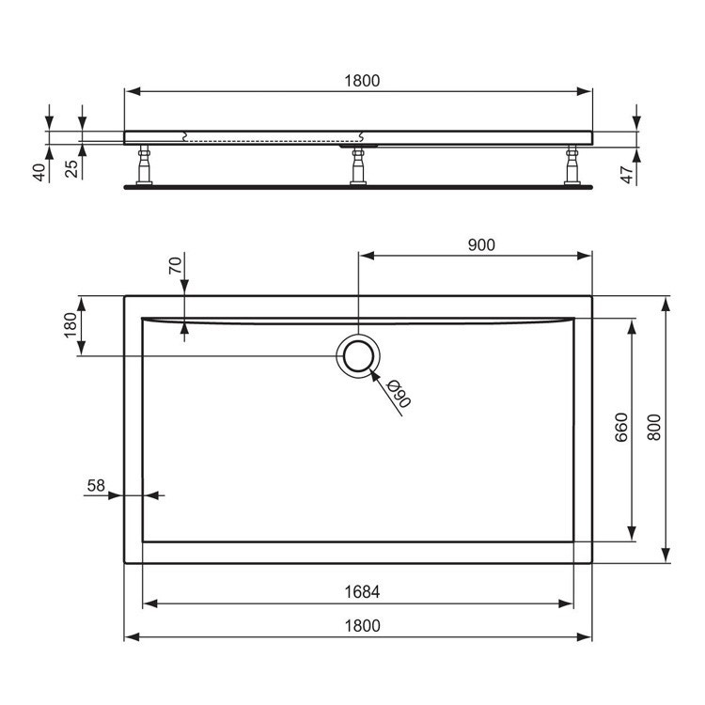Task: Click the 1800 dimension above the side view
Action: (x=361, y=81)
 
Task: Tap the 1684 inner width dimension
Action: (x=361, y=592)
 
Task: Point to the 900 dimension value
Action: (x=480, y=244)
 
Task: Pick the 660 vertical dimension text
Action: (x=620, y=428)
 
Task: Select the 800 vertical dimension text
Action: (x=655, y=428)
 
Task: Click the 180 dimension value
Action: (x=69, y=325)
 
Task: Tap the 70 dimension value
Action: (x=174, y=266)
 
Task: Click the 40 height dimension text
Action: (x=39, y=172)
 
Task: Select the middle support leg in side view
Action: (x=358, y=165)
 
